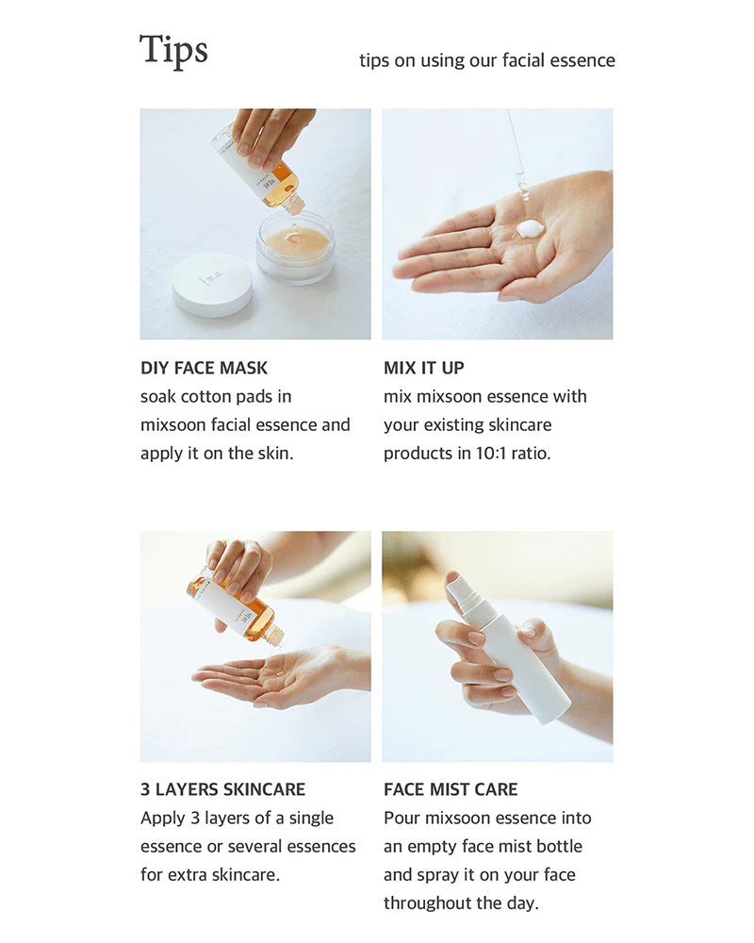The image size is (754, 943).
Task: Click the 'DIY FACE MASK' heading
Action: coord(204,368)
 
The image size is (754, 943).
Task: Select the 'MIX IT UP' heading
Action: coord(424,368)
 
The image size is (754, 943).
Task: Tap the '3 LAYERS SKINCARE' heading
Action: coord(223,789)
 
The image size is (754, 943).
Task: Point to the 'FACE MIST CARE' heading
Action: coord(451,789)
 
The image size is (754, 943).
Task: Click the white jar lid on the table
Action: coord(212,285)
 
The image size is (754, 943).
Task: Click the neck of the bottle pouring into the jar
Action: coord(293,202)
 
